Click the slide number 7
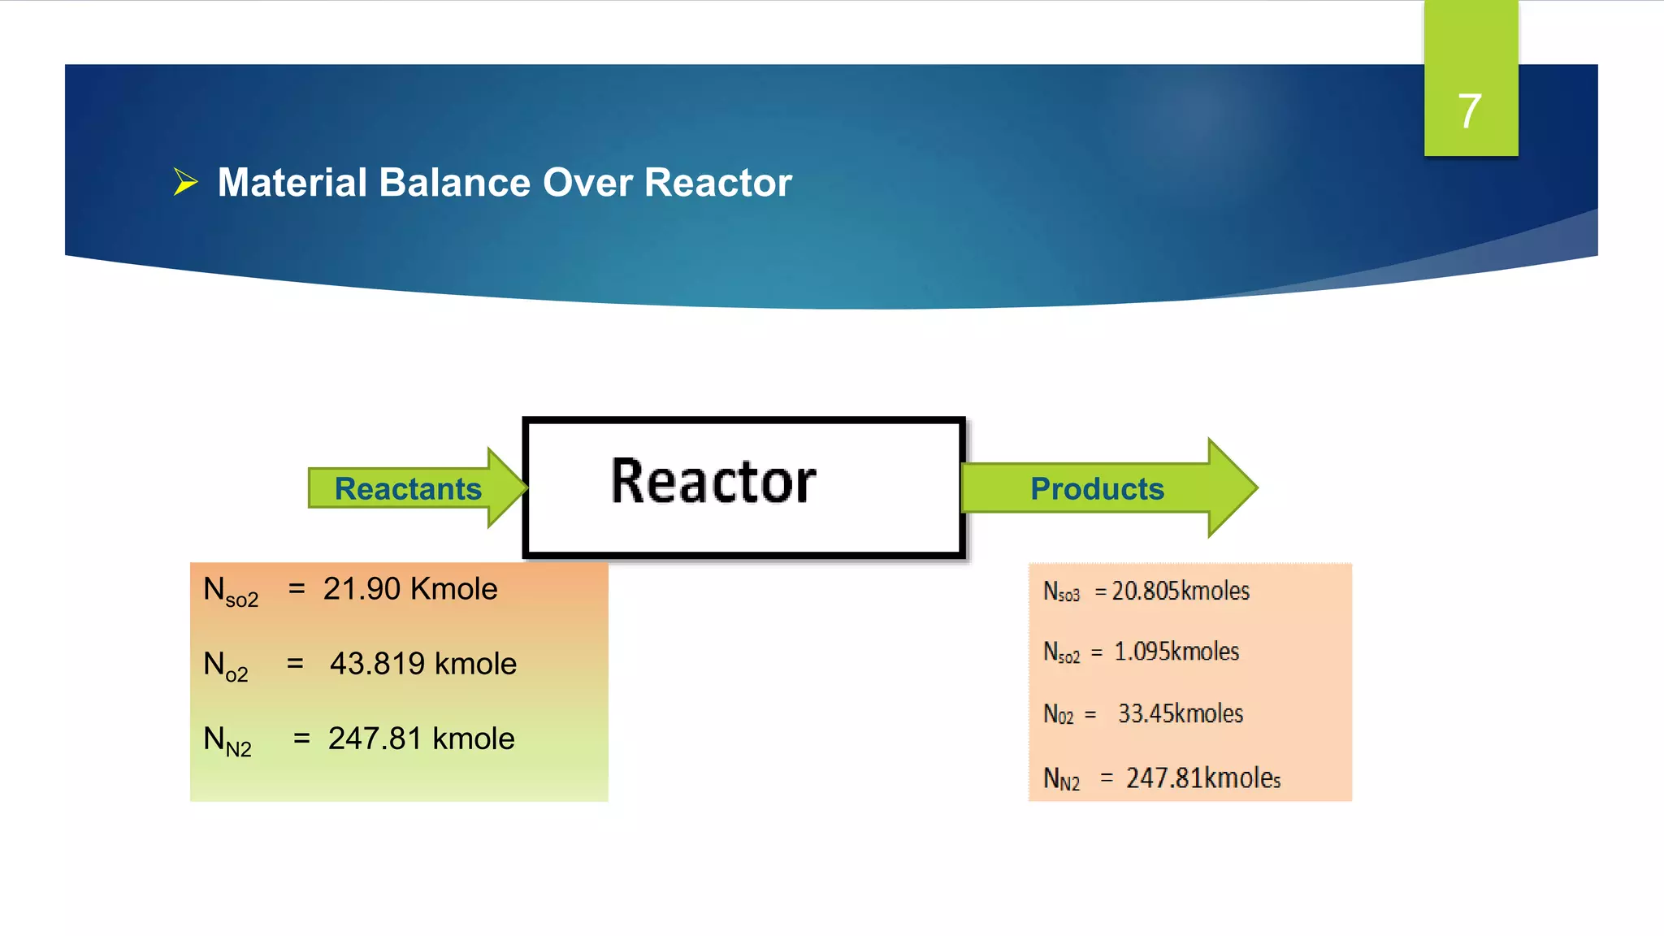click(x=1469, y=111)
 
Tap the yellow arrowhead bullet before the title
click(x=185, y=182)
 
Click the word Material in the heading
click(x=291, y=182)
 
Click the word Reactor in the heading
click(x=717, y=182)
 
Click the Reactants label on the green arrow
click(x=408, y=489)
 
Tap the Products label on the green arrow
click(x=1097, y=489)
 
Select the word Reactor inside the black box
click(x=713, y=482)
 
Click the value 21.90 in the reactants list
click(x=362, y=589)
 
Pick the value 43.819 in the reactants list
click(x=377, y=664)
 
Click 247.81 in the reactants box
click(x=375, y=739)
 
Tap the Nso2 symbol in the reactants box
click(x=230, y=591)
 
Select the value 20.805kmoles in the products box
click(x=1180, y=591)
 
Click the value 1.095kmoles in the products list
click(x=1176, y=652)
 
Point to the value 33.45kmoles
click(x=1180, y=713)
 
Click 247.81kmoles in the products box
click(x=1202, y=778)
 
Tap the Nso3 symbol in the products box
click(x=1061, y=591)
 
